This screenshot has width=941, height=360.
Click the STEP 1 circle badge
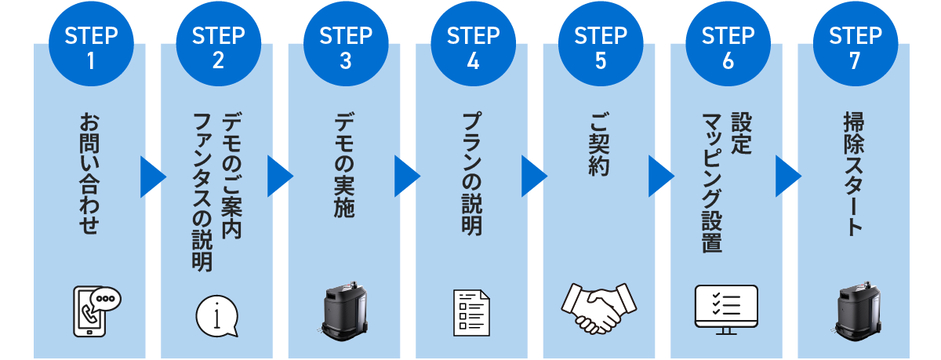tap(91, 49)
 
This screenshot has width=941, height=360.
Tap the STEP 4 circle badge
tap(473, 49)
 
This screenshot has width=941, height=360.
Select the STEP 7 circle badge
tap(855, 49)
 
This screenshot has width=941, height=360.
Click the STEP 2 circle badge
tap(218, 49)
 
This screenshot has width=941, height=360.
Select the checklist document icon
tap(472, 313)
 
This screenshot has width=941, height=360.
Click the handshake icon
tap(600, 306)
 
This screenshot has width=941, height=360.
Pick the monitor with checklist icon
tap(726, 309)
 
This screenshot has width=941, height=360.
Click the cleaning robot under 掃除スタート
tap(854, 312)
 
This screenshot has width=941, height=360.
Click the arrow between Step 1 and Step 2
tap(151, 176)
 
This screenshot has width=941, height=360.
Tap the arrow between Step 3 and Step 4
tap(406, 176)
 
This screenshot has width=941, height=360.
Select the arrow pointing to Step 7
tap(787, 176)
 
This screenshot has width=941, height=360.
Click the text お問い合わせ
tap(90, 173)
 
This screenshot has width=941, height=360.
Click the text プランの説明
tap(472, 173)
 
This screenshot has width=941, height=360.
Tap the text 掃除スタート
tap(854, 173)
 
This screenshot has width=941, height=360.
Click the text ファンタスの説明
tap(203, 192)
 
